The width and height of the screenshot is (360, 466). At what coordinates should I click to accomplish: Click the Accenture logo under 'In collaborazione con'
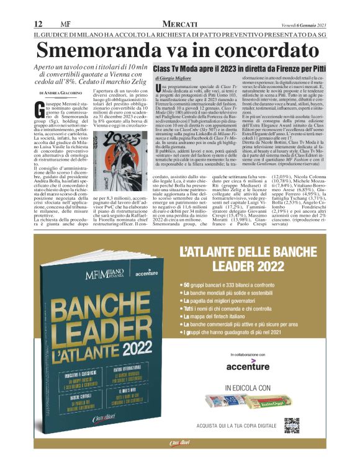[x=248, y=366]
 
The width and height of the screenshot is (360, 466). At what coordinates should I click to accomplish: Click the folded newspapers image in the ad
[x=248, y=402]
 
